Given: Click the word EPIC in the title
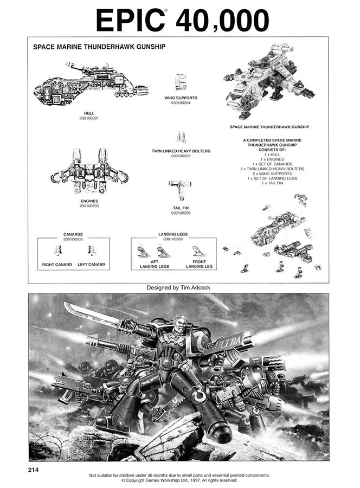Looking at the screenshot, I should (x=131, y=21).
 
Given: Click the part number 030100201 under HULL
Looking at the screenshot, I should (x=89, y=118).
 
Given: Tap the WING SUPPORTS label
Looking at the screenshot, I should (x=181, y=98).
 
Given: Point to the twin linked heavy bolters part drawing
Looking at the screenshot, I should (x=181, y=137).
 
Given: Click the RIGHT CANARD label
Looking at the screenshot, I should (x=57, y=265).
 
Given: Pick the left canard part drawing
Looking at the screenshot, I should (x=91, y=251).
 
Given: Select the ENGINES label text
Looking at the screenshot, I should (x=89, y=201).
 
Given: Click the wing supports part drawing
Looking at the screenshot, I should (x=181, y=81).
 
